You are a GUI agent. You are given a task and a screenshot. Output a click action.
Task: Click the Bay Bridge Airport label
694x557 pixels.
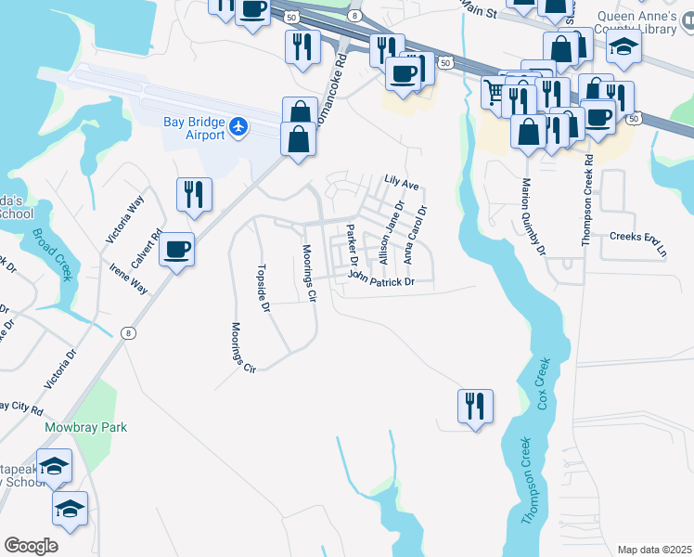tap(193, 128)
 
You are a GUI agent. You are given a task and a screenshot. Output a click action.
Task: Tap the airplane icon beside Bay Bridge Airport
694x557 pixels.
tap(239, 126)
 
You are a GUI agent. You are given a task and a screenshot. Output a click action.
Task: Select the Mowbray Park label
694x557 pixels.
tap(85, 428)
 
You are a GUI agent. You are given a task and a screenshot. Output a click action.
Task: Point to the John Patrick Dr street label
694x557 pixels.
tap(379, 278)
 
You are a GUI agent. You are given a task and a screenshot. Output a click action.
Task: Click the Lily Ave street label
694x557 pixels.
tap(402, 183)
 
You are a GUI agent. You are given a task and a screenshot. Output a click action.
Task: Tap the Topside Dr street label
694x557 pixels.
tap(263, 290)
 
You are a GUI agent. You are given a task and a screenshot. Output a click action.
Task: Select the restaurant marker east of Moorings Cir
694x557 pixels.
tap(475, 406)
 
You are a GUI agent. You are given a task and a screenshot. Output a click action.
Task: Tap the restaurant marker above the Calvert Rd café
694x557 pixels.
tap(194, 194)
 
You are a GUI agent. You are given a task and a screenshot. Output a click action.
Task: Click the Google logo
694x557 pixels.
tap(31, 546)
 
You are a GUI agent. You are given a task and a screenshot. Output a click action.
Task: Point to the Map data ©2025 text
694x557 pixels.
tap(654, 550)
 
